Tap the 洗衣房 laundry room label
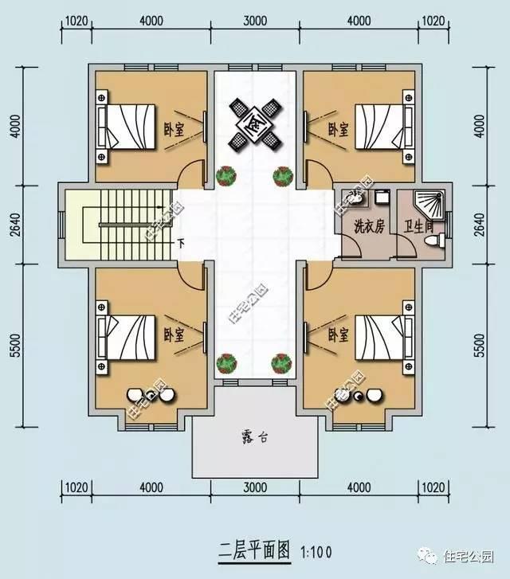click(x=369, y=226)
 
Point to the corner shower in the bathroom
click(x=430, y=202)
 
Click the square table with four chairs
click(x=255, y=124)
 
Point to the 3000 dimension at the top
click(x=254, y=22)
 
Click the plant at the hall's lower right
click(x=281, y=363)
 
